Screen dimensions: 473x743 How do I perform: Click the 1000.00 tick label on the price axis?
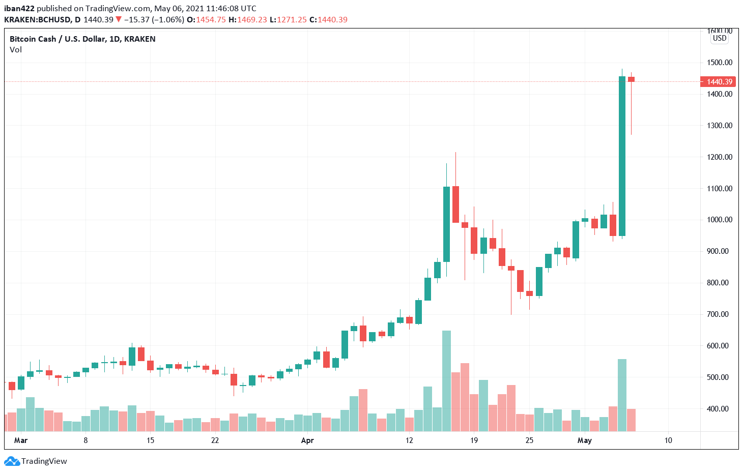tap(719, 220)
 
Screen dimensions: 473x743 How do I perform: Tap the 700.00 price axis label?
tap(719, 314)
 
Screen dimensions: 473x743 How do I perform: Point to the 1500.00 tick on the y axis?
tap(719, 63)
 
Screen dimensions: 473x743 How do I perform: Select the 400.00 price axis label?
tap(719, 409)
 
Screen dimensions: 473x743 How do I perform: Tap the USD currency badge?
tap(720, 38)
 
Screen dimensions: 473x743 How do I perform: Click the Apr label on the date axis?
tap(307, 440)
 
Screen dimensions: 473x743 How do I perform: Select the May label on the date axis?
tap(584, 440)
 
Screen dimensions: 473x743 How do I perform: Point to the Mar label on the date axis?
tap(21, 440)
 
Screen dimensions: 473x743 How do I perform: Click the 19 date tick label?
tap(474, 440)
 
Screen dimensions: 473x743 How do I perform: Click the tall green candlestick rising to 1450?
tap(622, 156)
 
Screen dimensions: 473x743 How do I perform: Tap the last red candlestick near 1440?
tap(631, 79)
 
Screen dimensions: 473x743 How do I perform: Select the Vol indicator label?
tap(16, 50)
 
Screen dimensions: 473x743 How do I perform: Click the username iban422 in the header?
tap(19, 9)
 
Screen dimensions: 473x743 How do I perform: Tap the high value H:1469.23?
tap(248, 20)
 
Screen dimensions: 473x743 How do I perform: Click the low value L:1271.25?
tap(288, 20)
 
